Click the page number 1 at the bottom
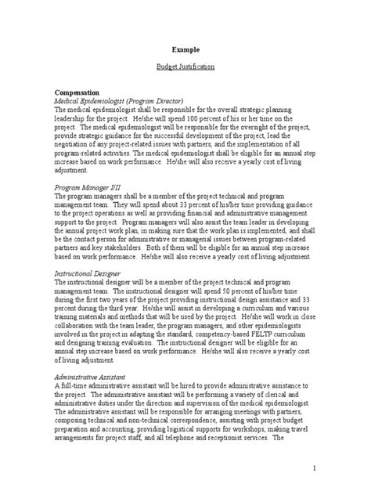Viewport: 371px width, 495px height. [x=312, y=468]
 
